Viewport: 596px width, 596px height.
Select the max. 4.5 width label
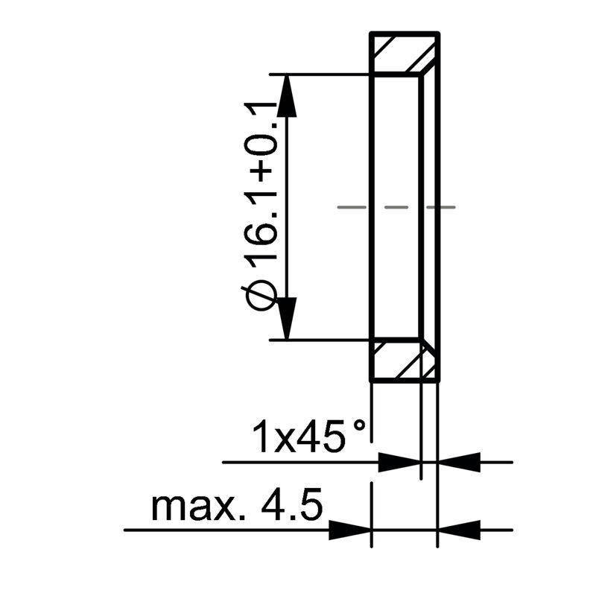point(237,507)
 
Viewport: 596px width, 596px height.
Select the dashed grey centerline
point(396,206)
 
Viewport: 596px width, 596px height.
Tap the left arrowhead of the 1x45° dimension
point(399,462)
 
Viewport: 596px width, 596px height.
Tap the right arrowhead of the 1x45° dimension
point(458,462)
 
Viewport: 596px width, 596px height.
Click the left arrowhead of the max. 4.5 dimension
point(349,530)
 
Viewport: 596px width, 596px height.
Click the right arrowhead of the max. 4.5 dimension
point(458,530)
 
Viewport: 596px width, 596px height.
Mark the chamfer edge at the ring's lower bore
point(429,348)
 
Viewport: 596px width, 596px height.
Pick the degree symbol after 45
point(360,427)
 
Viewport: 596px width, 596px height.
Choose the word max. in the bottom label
point(193,508)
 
